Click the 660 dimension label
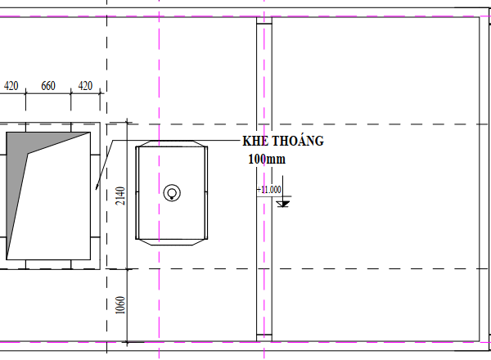click(48, 86)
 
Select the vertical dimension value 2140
click(120, 196)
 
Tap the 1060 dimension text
click(120, 305)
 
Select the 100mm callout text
click(267, 159)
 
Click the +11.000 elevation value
click(269, 190)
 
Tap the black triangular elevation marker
click(283, 204)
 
